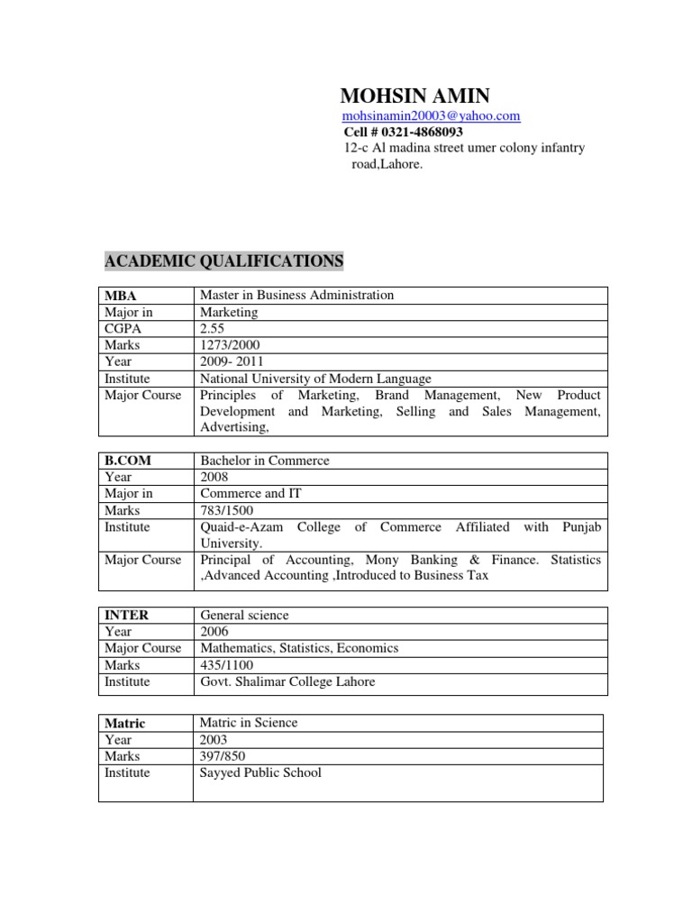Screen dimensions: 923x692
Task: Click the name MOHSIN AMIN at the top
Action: [x=415, y=96]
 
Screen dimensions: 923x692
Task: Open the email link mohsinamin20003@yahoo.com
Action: [x=432, y=116]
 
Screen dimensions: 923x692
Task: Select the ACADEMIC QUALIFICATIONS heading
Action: [x=224, y=261]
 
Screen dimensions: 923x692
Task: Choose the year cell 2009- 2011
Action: [x=231, y=361]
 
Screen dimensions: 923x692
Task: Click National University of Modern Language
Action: [x=315, y=379]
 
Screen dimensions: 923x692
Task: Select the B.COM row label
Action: [x=128, y=461]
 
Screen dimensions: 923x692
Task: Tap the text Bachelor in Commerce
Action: [x=265, y=461]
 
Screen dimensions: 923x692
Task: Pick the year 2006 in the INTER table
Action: [x=214, y=632]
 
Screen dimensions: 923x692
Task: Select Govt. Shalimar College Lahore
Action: [x=287, y=681]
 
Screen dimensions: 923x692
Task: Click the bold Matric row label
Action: [x=125, y=723]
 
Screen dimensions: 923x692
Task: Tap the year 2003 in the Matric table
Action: [x=214, y=740]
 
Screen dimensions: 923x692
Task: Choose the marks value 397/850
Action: [x=223, y=756]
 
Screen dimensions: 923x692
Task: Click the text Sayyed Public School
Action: [x=260, y=772]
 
